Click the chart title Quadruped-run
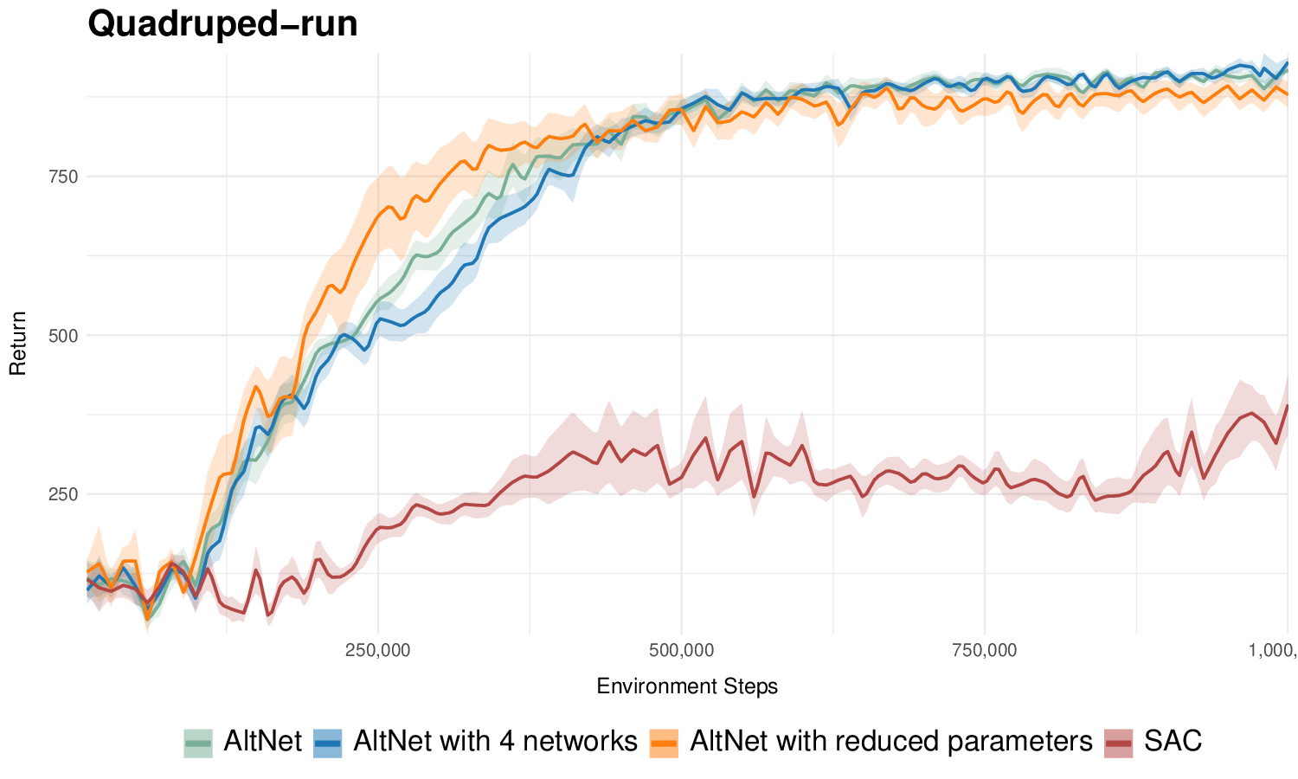tap(222, 24)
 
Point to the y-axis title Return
tap(18, 343)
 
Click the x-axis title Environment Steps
tap(687, 686)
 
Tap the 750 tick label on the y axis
tap(64, 177)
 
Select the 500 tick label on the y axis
tap(64, 336)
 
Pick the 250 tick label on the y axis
tap(64, 494)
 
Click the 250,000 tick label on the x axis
tap(378, 650)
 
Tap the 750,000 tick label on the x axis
tap(985, 650)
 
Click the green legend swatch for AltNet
tap(197, 743)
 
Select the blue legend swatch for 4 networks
tap(327, 743)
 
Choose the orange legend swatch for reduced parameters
tap(664, 743)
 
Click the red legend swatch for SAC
tap(1118, 743)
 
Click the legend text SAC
tap(1173, 742)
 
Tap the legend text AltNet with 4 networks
tap(495, 742)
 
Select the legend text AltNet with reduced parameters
tap(890, 742)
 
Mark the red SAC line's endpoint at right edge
tap(1288, 406)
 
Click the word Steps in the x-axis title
tap(753, 686)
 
